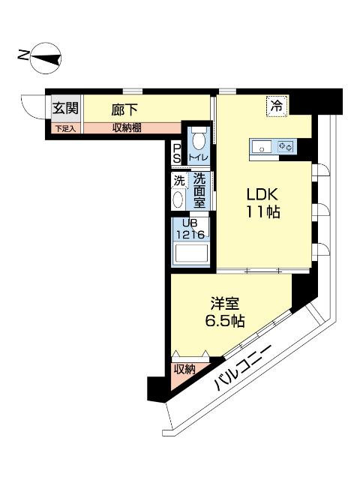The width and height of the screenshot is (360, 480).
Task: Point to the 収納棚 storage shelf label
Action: [x=127, y=128]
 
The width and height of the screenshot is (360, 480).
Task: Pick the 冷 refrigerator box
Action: [x=277, y=106]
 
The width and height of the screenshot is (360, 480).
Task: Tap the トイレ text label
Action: [x=198, y=157]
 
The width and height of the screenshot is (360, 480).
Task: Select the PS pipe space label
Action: [x=177, y=153]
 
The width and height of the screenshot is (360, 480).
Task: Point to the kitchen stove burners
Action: [x=285, y=147]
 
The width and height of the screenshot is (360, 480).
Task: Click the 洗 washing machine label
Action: [x=178, y=181]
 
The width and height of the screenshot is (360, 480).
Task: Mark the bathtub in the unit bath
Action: [x=191, y=255]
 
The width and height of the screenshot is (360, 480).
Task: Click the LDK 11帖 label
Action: [x=262, y=202]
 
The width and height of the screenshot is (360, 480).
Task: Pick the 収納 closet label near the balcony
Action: [x=184, y=369]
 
